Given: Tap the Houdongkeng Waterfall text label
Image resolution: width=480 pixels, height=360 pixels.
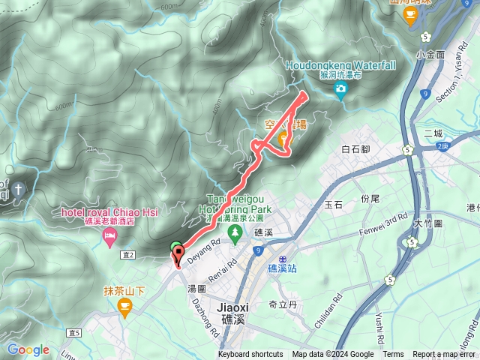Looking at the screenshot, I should click(x=341, y=65).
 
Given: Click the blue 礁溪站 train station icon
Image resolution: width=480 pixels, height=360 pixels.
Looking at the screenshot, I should click(x=271, y=256).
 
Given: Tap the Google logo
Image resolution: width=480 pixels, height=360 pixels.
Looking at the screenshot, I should click(x=28, y=349).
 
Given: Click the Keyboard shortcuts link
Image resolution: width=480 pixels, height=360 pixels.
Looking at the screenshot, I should click(x=250, y=355).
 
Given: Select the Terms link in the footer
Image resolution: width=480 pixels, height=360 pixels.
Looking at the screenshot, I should click(x=393, y=355).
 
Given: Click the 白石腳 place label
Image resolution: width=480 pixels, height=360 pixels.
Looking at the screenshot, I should click(x=356, y=149).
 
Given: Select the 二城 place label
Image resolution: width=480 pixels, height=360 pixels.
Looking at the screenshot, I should click(x=433, y=133).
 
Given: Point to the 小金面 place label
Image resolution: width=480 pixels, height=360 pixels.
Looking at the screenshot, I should click(x=430, y=55).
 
